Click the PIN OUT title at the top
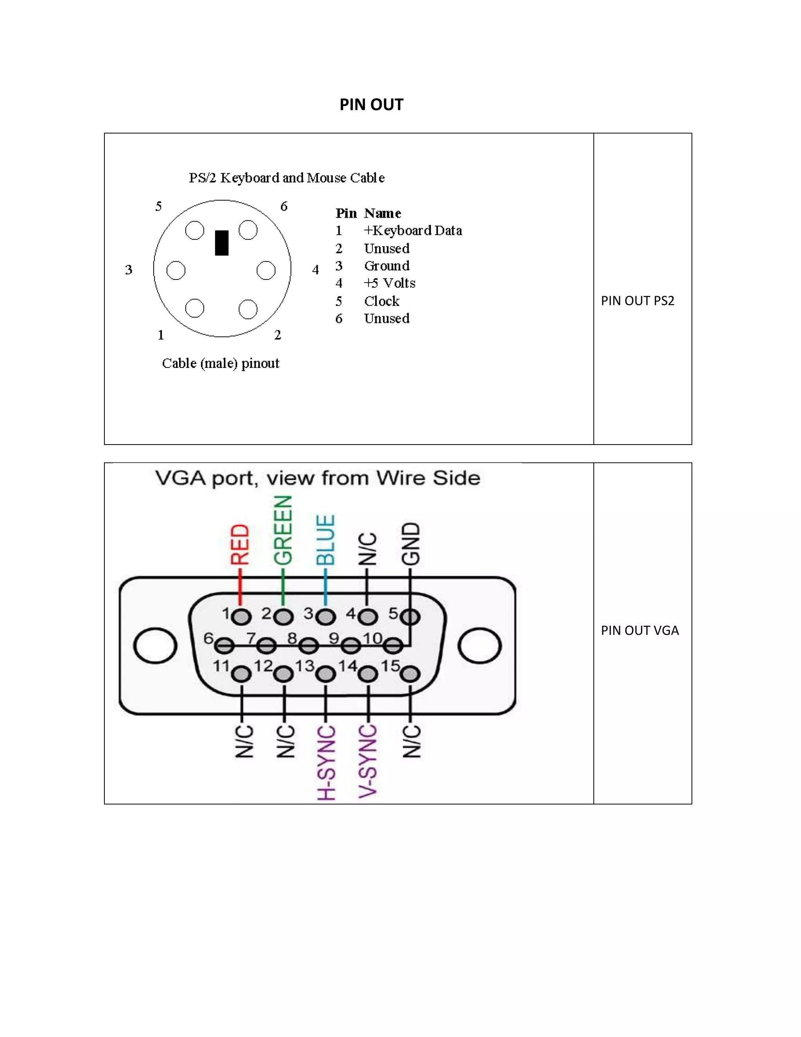[x=371, y=104]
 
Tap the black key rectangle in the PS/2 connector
[x=222, y=243]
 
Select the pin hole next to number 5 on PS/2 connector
[x=194, y=231]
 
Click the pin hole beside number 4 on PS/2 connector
[x=266, y=270]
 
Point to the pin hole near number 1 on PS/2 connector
[x=194, y=308]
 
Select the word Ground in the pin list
[x=386, y=266]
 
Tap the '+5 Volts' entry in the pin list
[x=389, y=283]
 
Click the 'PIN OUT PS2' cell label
[x=637, y=301]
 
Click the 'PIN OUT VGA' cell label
[x=639, y=630]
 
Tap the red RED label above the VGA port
[x=240, y=544]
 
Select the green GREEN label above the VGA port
[x=283, y=530]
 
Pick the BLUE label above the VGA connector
[x=325, y=540]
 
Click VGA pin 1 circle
[x=242, y=617]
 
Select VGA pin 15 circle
[x=411, y=674]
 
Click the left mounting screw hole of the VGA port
[x=155, y=646]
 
